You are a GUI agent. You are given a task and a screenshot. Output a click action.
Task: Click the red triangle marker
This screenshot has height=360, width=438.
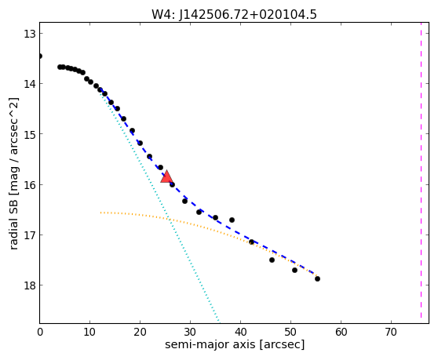click(x=166, y=176)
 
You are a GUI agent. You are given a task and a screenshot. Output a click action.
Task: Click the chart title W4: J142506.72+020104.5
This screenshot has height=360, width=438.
click(x=234, y=15)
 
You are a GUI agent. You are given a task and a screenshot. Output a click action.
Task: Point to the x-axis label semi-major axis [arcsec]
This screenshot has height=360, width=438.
click(x=235, y=344)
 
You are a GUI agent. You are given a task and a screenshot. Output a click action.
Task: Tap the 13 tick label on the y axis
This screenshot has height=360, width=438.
click(x=29, y=34)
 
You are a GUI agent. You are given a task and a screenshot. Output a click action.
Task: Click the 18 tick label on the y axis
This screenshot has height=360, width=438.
click(x=29, y=285)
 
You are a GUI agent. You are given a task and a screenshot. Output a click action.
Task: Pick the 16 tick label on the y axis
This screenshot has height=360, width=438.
click(x=29, y=185)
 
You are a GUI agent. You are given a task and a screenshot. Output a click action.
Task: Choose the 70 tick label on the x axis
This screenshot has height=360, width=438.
click(x=391, y=332)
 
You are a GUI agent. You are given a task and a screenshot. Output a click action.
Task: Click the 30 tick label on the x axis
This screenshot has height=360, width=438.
click(x=190, y=332)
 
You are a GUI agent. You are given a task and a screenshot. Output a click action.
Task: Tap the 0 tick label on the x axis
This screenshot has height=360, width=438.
click(x=40, y=332)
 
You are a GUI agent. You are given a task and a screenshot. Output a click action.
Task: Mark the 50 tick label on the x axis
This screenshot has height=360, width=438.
click(x=290, y=332)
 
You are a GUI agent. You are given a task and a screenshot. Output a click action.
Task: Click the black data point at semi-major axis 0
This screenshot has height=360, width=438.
click(x=40, y=56)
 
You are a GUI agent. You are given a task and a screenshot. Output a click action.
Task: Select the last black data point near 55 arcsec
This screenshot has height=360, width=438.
click(x=317, y=278)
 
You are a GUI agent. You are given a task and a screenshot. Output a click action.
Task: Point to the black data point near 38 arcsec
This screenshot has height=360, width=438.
click(x=232, y=220)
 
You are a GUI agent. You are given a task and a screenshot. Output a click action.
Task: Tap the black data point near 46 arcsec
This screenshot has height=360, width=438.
click(x=272, y=260)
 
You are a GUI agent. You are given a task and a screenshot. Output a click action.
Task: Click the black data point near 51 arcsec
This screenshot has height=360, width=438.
click(x=294, y=270)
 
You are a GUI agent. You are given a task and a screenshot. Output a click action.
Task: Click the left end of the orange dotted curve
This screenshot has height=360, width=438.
click(x=100, y=213)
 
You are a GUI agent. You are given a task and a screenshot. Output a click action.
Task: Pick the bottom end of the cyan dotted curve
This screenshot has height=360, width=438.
click(x=220, y=322)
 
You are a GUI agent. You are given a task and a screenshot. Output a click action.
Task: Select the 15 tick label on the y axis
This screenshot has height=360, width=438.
click(x=29, y=134)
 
